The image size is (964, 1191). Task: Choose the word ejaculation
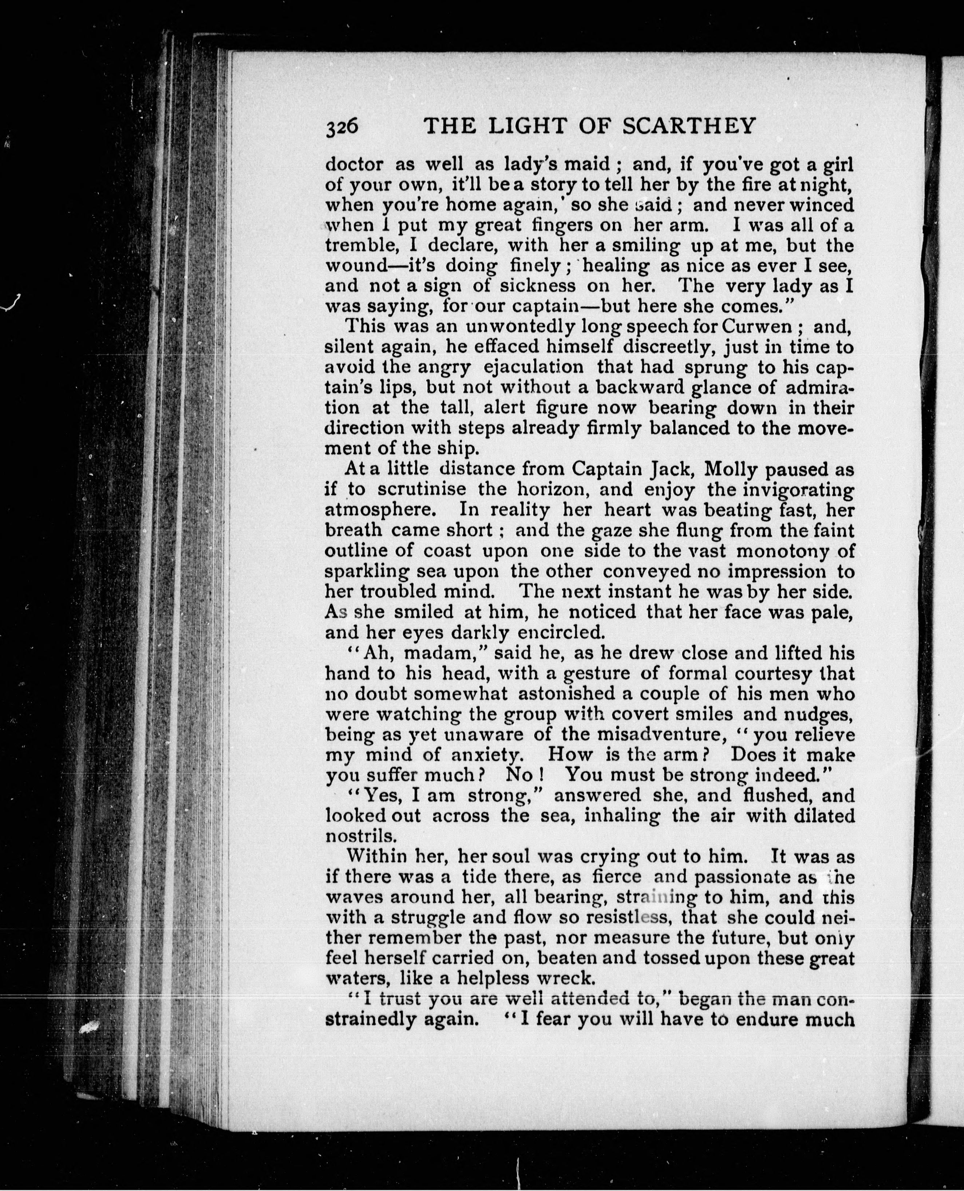point(534,367)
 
